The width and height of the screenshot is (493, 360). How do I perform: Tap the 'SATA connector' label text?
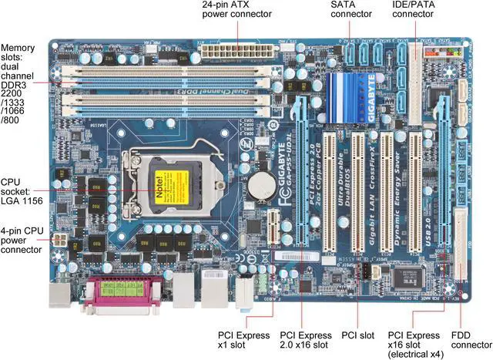pyautogui.click(x=352, y=12)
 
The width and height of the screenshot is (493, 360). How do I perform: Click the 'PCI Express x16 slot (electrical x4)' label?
pyautogui.click(x=414, y=345)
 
